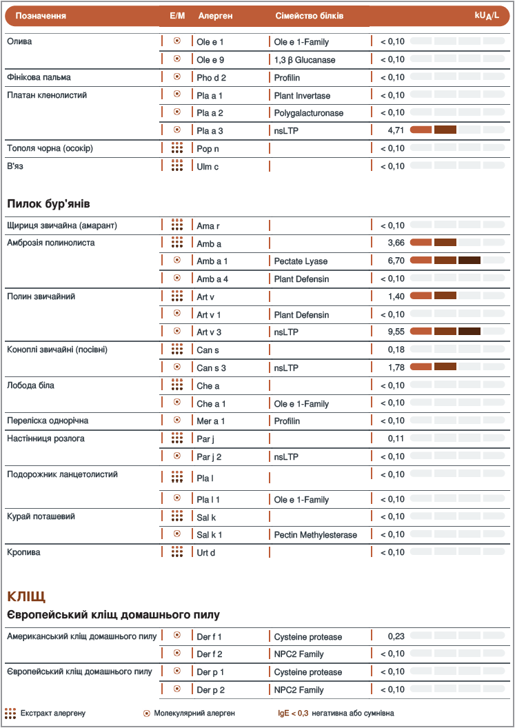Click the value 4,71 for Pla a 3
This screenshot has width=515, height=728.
(x=395, y=130)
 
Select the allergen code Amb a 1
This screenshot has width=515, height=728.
(x=212, y=261)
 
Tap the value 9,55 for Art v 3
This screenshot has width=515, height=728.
(x=395, y=332)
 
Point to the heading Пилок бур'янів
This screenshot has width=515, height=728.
(x=48, y=204)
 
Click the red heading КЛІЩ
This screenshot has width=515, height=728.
(x=26, y=595)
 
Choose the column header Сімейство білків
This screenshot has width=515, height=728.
(x=309, y=15)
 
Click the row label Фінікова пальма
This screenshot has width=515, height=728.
(x=39, y=77)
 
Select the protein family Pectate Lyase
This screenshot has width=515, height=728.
(x=301, y=261)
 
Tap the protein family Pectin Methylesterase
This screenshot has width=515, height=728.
(x=315, y=534)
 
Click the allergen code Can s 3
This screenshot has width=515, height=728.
(x=211, y=367)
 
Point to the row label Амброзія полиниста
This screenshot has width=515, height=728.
(x=50, y=243)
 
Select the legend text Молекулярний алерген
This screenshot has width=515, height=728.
(x=194, y=713)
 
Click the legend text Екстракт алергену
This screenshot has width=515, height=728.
(x=52, y=713)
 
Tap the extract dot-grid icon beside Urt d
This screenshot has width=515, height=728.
(x=177, y=552)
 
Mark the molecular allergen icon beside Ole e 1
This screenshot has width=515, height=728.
(x=177, y=41)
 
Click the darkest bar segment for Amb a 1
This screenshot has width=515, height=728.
(x=469, y=261)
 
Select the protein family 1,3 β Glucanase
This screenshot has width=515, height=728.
(x=304, y=60)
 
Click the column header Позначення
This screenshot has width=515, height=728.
(x=41, y=15)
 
